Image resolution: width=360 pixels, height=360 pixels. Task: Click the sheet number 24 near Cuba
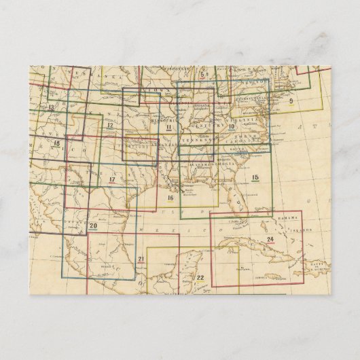pyautogui.click(x=270, y=240)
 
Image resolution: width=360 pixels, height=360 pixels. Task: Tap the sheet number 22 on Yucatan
pyautogui.click(x=200, y=278)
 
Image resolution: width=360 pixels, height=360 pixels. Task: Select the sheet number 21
pyautogui.click(x=141, y=260)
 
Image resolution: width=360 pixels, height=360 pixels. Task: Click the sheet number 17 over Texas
pyautogui.click(x=112, y=179)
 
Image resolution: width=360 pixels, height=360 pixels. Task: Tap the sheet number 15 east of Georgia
pyautogui.click(x=255, y=178)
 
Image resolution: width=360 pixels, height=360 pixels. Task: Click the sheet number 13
pyautogui.click(x=52, y=107)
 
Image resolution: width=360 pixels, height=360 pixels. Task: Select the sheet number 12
pyautogui.click(x=109, y=125)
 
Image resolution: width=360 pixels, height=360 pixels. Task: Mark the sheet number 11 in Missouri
pyautogui.click(x=168, y=126)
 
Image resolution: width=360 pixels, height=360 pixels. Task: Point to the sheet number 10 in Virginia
pyautogui.click(x=231, y=126)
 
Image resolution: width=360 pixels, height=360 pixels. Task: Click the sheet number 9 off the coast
pyautogui.click(x=290, y=101)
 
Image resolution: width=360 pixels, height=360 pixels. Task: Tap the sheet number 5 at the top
pyautogui.click(x=202, y=75)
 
